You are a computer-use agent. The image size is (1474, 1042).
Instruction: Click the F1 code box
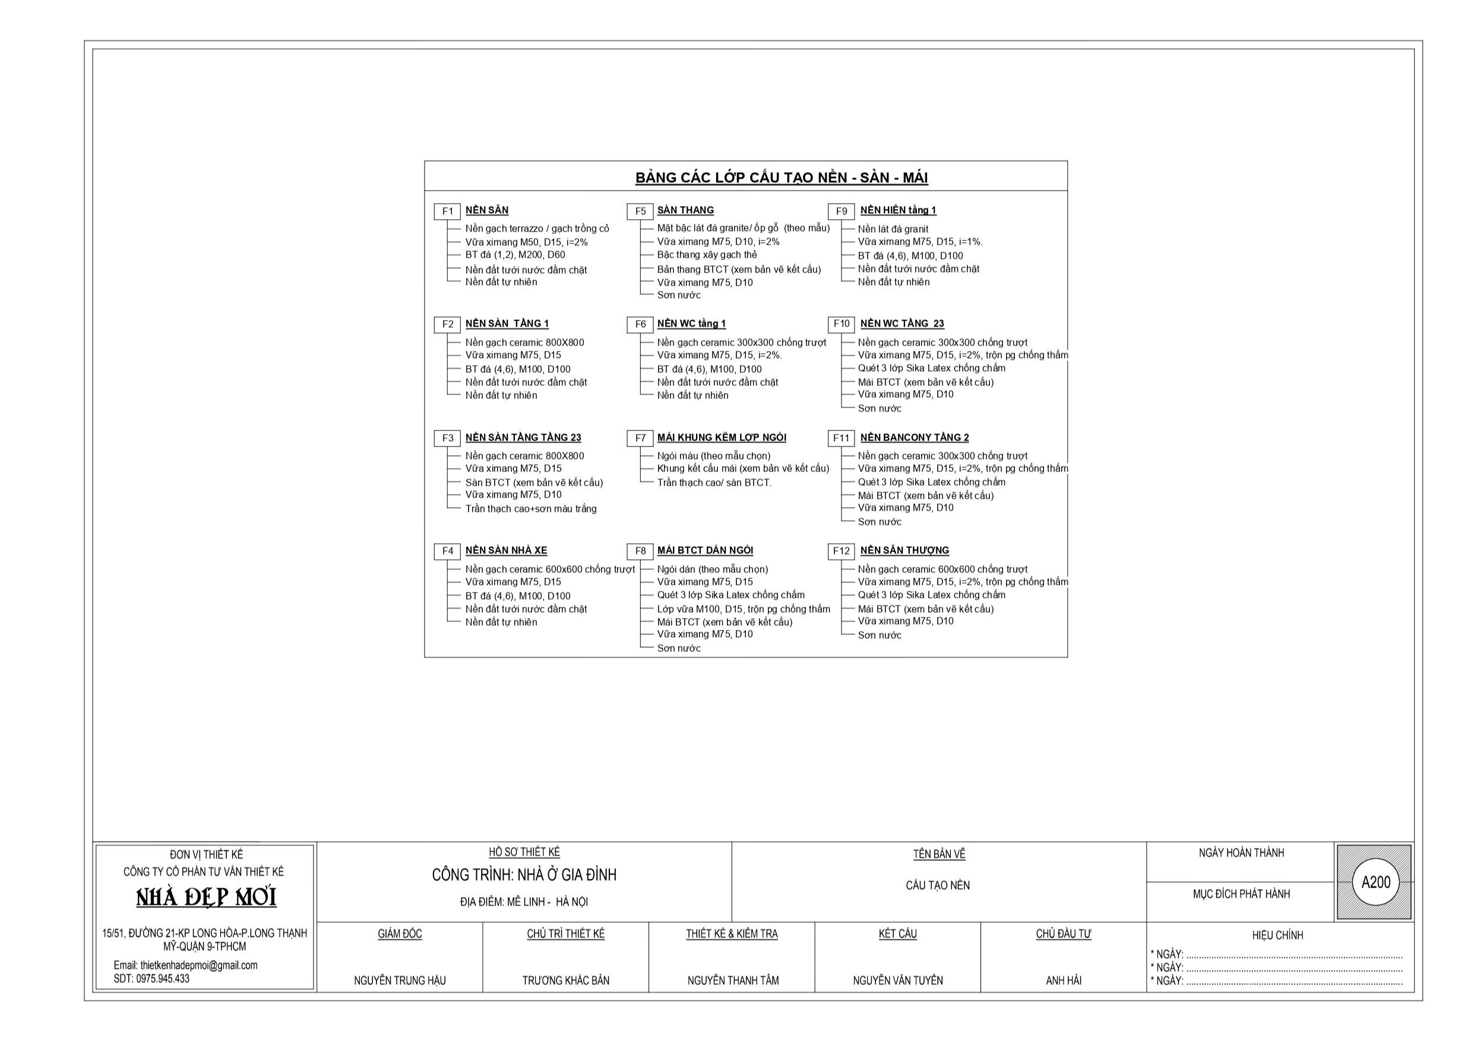pos(447,211)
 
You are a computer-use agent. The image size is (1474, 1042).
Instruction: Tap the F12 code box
pos(840,552)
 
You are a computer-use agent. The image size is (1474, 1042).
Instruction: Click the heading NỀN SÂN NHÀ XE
pos(506,550)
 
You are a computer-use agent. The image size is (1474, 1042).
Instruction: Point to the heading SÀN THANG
pos(685,210)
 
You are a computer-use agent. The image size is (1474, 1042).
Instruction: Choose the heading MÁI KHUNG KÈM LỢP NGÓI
pos(722,437)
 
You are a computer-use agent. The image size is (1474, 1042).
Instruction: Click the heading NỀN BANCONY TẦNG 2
pos(914,437)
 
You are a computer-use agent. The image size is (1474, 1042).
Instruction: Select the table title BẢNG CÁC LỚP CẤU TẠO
pos(782,178)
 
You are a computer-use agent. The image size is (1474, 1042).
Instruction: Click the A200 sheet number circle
pos(1376,882)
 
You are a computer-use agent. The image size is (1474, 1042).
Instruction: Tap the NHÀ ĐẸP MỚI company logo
pos(206,897)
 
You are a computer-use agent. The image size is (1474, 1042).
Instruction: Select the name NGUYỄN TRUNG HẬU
pos(399,980)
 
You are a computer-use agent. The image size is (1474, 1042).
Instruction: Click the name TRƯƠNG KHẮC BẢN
pos(565,980)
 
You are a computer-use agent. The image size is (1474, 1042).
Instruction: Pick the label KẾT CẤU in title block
pos(897,933)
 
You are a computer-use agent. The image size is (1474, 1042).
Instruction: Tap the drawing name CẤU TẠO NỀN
pos(937,885)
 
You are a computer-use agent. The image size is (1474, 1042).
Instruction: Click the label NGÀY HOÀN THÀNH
pos(1241,853)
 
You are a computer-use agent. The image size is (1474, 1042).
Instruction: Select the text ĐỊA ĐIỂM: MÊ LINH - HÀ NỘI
pos(524,902)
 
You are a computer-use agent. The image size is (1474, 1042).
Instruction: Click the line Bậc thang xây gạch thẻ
pos(707,255)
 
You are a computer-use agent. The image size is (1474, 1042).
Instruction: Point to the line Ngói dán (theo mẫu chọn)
pos(712,569)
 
